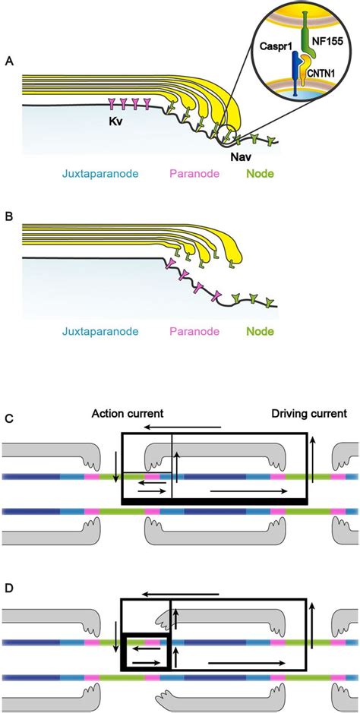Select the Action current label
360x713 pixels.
(x=128, y=415)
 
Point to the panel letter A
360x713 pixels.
(x=8, y=61)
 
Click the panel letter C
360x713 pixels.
(x=8, y=418)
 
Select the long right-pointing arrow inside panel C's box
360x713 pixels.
(x=249, y=491)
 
